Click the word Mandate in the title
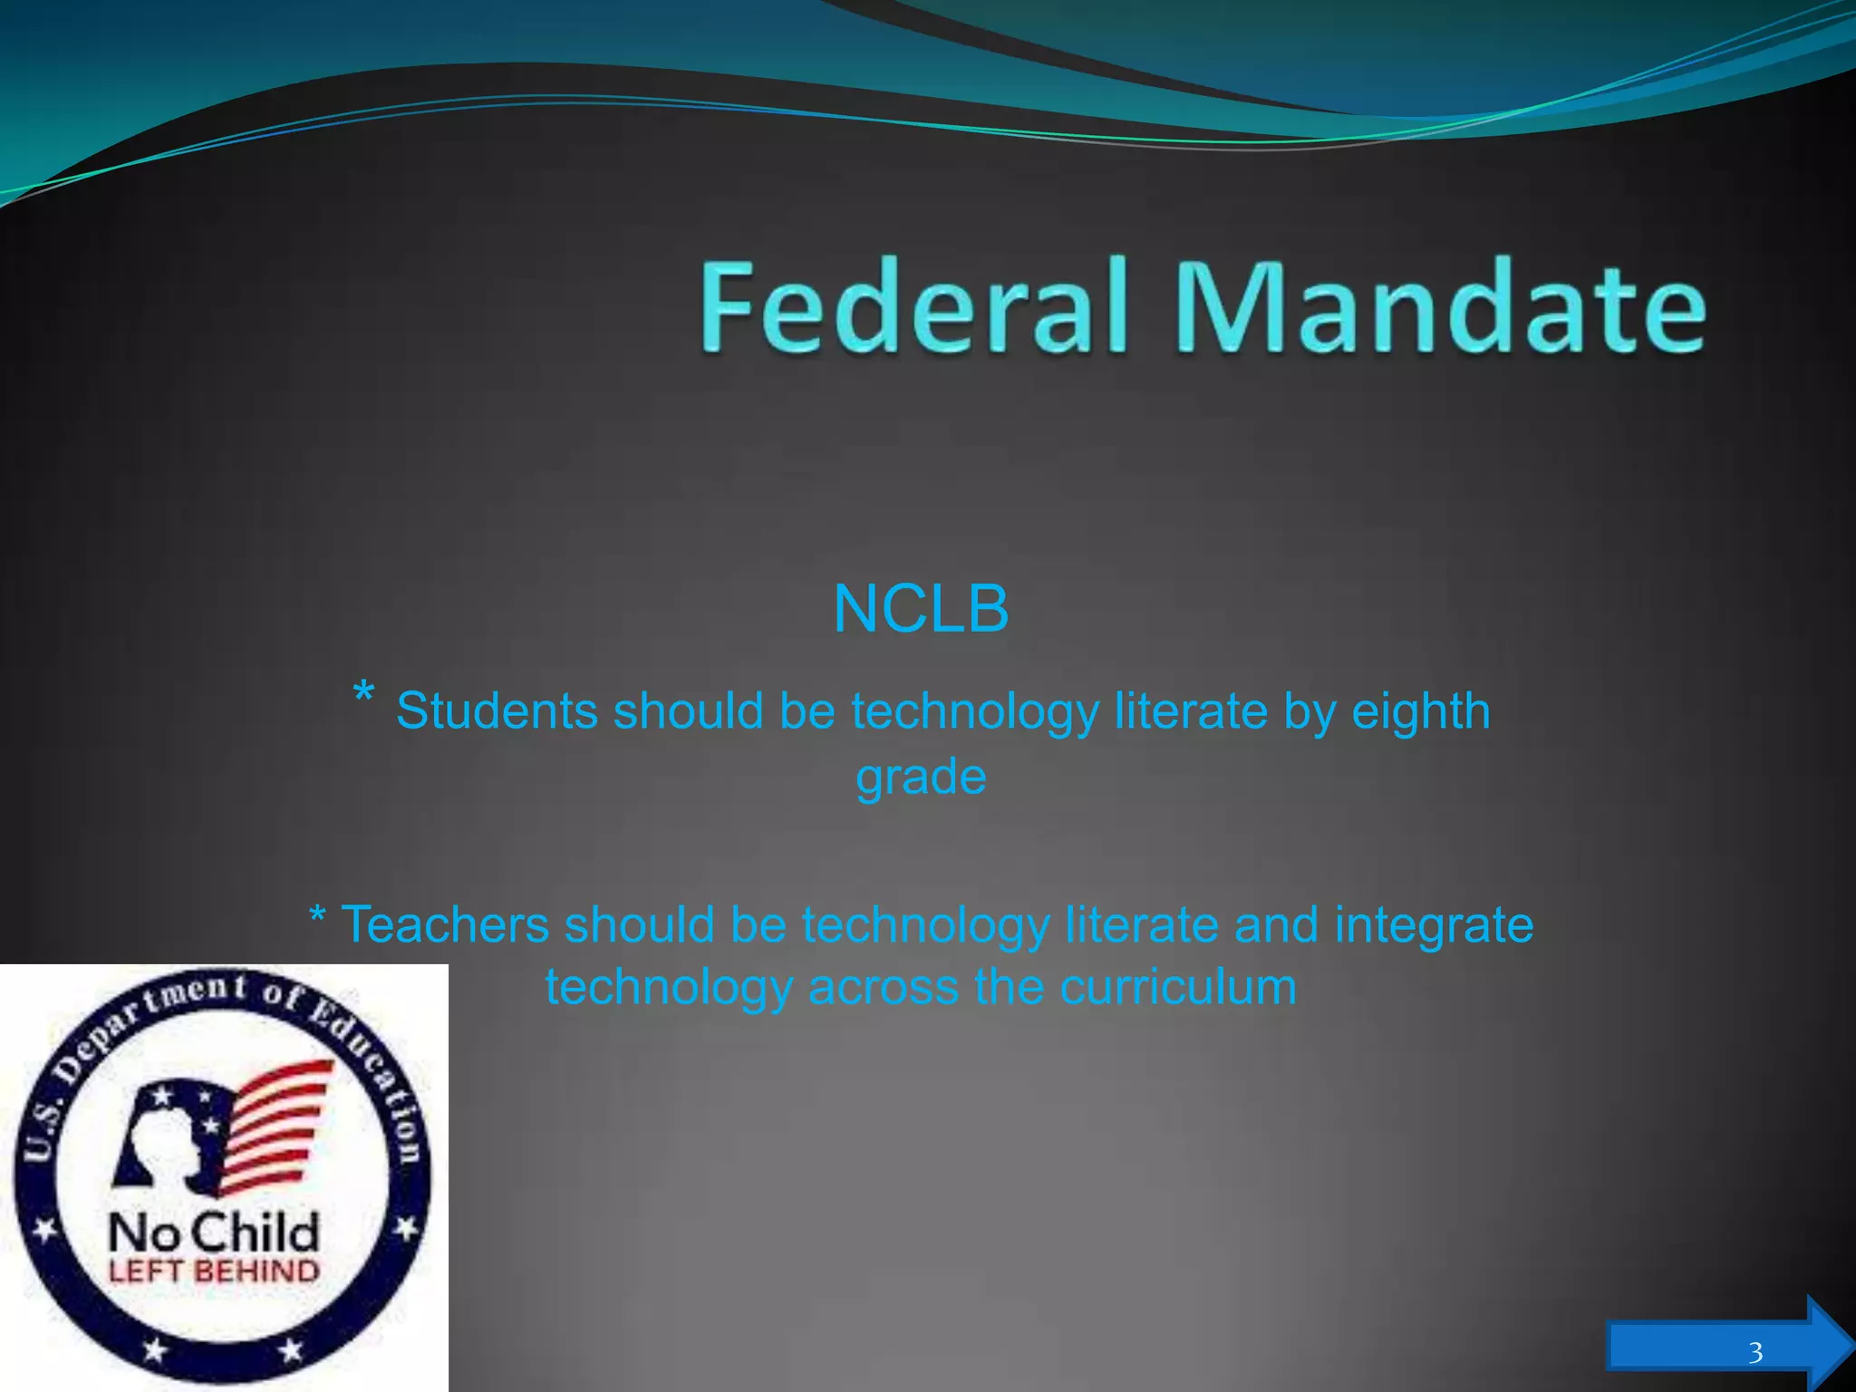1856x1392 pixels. click(x=1441, y=306)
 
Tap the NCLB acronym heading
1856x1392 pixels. click(x=921, y=608)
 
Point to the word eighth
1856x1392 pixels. click(x=1421, y=710)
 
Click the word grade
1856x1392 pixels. click(x=921, y=777)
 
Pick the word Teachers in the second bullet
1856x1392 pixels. click(x=444, y=925)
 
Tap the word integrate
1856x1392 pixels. click(x=1434, y=925)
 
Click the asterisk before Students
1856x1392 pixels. click(x=362, y=694)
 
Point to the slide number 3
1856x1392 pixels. click(x=1755, y=1353)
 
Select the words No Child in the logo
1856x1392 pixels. click(x=214, y=1232)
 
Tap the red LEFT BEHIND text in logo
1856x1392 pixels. click(x=214, y=1271)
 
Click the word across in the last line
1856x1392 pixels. click(x=883, y=987)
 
